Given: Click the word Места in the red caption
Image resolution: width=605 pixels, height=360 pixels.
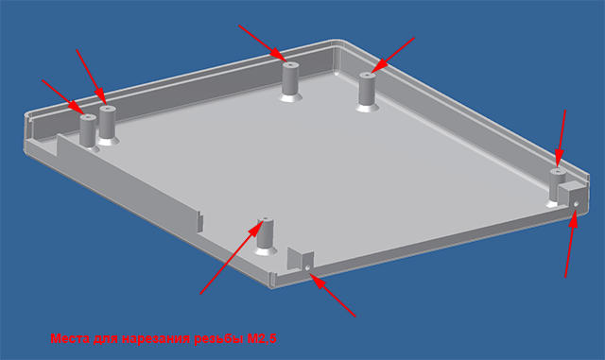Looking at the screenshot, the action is pyautogui.click(x=69, y=339).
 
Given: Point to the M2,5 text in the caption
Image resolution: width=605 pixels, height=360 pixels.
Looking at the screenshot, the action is pyautogui.click(x=262, y=339).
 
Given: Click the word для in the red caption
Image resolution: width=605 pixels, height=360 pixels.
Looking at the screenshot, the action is pyautogui.click(x=105, y=339).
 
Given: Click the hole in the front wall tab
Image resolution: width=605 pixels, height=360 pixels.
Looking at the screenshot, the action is pyautogui.click(x=307, y=267).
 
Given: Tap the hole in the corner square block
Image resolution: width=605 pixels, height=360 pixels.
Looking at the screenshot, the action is pyautogui.click(x=576, y=203).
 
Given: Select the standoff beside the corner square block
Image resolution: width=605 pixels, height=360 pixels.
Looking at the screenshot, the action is pyautogui.click(x=557, y=185).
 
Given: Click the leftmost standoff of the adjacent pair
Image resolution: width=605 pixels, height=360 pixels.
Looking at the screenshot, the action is pyautogui.click(x=88, y=131).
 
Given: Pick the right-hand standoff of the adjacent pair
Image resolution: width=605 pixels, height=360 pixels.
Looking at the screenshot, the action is pyautogui.click(x=108, y=125).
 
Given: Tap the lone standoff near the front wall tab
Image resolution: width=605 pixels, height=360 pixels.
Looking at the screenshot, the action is pyautogui.click(x=265, y=236).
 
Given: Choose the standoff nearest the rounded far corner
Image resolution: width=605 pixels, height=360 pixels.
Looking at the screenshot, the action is pyautogui.click(x=368, y=92).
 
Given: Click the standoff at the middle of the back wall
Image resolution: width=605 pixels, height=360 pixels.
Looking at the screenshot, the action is pyautogui.click(x=290, y=82).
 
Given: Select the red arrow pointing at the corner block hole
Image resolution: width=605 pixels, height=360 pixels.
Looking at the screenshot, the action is pyautogui.click(x=571, y=244).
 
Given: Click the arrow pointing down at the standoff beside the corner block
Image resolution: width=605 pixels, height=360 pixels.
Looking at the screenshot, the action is pyautogui.click(x=562, y=139).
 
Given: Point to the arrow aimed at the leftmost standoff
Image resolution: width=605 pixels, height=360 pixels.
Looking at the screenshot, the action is pyautogui.click(x=63, y=96).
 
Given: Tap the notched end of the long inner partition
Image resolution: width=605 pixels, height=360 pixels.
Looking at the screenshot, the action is pyautogui.click(x=199, y=222).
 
